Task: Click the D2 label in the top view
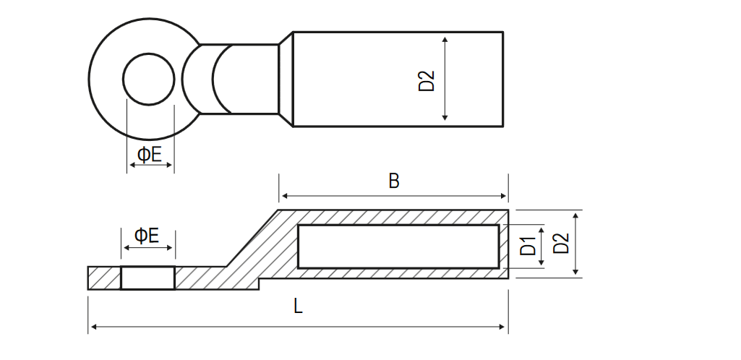[x=427, y=80]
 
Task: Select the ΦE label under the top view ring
[x=150, y=155]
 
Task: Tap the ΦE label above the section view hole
[x=147, y=235]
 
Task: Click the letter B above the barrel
[x=394, y=181]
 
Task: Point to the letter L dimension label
[x=298, y=307]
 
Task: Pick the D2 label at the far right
[x=561, y=244]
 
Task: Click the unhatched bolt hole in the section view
[x=148, y=278]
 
